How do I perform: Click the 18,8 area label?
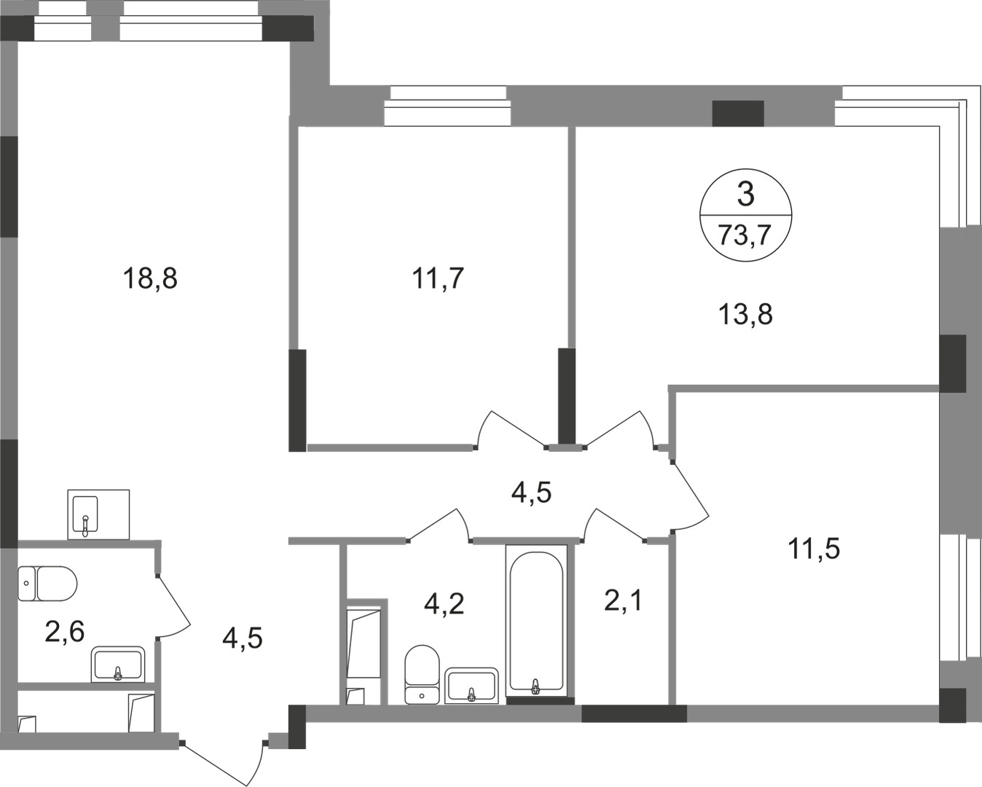coord(150,278)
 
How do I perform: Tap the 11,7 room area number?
coord(438,278)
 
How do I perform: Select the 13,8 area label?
coord(745,315)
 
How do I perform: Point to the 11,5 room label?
coord(813,548)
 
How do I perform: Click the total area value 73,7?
coord(745,235)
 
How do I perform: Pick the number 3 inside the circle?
coord(745,195)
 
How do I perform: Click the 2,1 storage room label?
coord(624,601)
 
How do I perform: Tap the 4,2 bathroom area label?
coord(444,603)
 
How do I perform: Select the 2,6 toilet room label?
coord(64,631)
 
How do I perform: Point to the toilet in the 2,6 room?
coord(47,583)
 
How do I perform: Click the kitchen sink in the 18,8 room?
coord(98,514)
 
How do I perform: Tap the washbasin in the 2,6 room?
coord(118,664)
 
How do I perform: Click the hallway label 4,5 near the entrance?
coord(242,638)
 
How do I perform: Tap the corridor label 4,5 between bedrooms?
coord(531,493)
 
